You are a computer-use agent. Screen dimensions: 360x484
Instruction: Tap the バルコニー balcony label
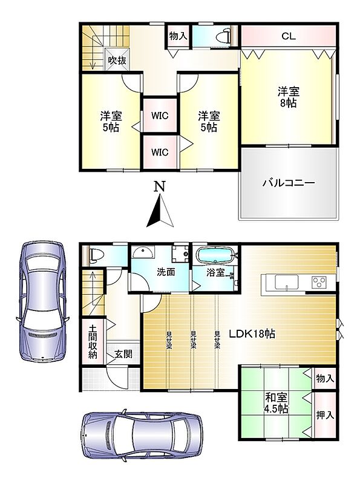click(289, 183)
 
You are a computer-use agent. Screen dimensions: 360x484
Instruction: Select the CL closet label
click(289, 36)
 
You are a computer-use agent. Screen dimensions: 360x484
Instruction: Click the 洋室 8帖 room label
click(289, 97)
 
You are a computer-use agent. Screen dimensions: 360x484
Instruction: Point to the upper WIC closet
click(160, 116)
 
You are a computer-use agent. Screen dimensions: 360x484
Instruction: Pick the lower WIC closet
click(160, 152)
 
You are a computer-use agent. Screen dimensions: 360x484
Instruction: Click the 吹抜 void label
click(117, 60)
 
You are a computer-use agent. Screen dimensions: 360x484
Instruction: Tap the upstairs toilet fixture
click(224, 37)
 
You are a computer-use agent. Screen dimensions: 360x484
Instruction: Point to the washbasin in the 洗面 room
click(142, 253)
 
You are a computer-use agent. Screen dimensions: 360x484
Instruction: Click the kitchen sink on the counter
click(287, 282)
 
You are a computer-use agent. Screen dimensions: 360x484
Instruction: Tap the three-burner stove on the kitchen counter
click(319, 282)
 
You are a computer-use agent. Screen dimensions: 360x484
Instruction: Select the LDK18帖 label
click(252, 334)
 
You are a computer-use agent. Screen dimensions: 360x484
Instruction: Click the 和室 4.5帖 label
click(277, 403)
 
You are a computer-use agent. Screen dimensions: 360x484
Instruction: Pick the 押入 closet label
click(325, 415)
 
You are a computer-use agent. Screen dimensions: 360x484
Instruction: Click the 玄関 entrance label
click(123, 354)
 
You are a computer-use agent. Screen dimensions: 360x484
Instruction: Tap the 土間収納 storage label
click(93, 341)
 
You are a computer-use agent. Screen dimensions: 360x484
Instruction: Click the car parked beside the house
click(42, 301)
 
